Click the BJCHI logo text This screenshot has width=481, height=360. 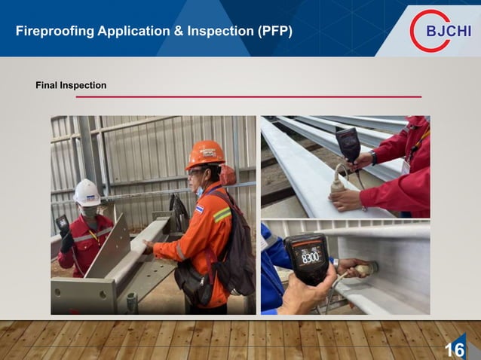[449, 32]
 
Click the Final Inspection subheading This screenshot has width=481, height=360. [71, 85]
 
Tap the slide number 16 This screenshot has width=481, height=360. [454, 349]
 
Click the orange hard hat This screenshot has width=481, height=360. [204, 154]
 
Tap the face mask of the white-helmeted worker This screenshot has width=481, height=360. [90, 212]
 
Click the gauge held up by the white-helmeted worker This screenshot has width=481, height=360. [63, 226]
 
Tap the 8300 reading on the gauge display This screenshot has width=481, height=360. [309, 257]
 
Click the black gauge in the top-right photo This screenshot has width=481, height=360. [348, 143]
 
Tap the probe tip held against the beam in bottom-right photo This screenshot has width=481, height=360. [370, 268]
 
